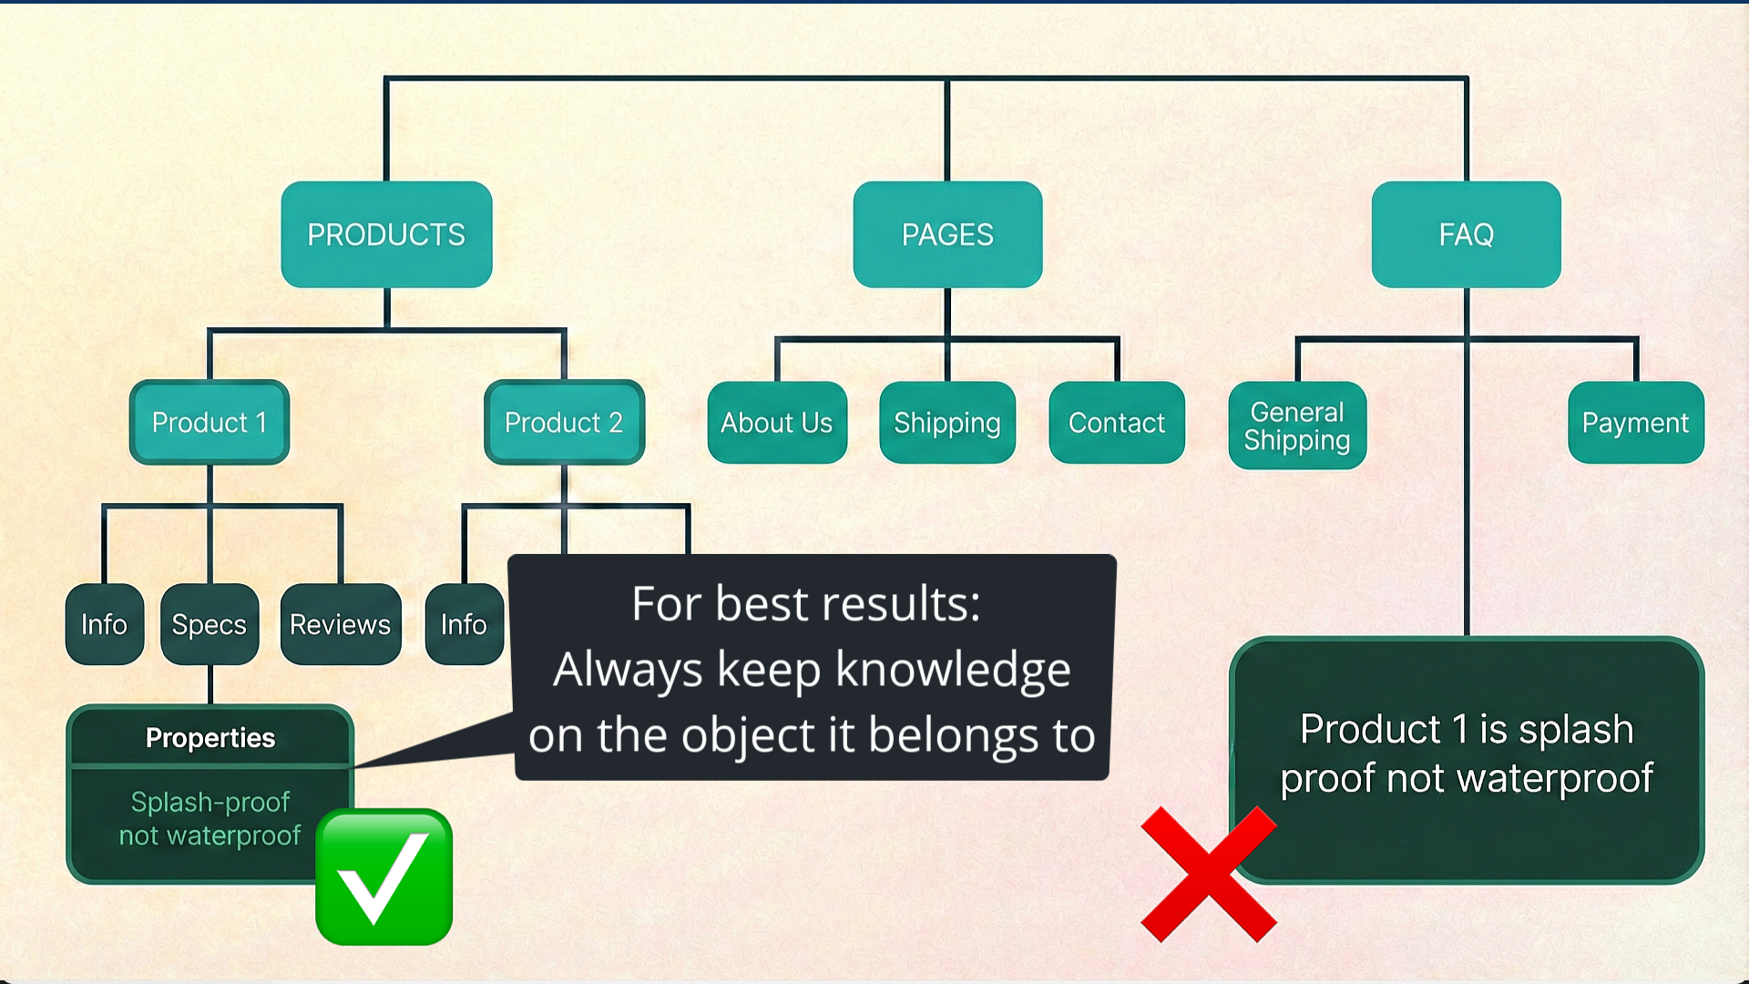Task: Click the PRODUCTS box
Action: tap(386, 234)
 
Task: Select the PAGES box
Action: tap(947, 234)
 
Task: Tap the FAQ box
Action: tap(1466, 234)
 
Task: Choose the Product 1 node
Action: tap(210, 422)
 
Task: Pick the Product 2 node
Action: tap(564, 422)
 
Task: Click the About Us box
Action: tap(777, 422)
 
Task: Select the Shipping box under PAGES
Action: tap(947, 422)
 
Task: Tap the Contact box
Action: tap(1117, 422)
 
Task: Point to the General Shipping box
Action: tap(1297, 425)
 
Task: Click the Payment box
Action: tap(1635, 422)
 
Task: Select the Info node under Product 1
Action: tap(104, 624)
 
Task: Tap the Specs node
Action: tap(210, 624)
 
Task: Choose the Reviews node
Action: tap(340, 624)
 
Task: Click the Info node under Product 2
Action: tap(464, 624)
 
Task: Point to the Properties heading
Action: tap(210, 737)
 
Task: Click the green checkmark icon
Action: tap(384, 876)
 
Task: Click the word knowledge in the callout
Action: tap(953, 670)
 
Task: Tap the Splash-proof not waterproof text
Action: tap(210, 818)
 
